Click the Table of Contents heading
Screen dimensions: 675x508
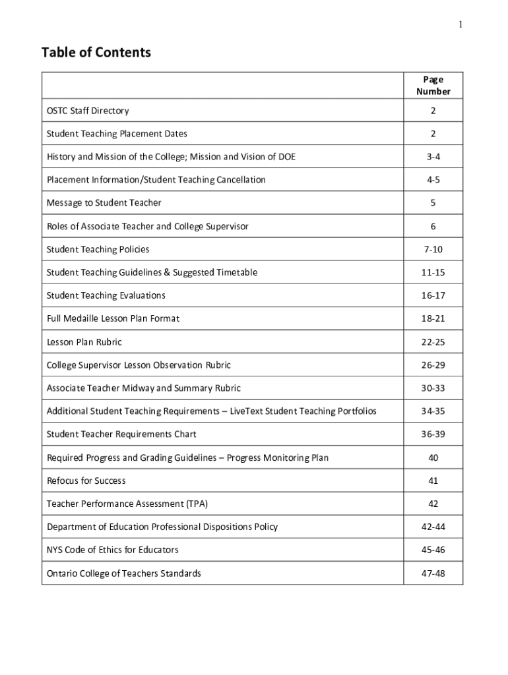pos(96,52)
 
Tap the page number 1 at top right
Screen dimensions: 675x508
pos(461,24)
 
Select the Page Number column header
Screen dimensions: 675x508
pos(433,86)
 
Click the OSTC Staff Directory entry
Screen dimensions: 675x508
pos(88,111)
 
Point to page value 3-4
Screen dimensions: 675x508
pos(433,157)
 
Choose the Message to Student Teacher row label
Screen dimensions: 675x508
pos(104,203)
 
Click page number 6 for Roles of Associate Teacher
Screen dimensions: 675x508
pos(433,226)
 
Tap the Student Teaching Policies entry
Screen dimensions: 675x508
pos(98,249)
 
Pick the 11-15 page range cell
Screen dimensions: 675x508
pos(433,272)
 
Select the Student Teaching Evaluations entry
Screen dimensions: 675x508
pos(106,295)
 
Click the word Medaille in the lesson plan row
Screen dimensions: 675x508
pos(83,318)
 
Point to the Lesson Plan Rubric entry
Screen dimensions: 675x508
pos(84,342)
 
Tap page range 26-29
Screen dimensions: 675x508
pos(433,365)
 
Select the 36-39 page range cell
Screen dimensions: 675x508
pos(433,434)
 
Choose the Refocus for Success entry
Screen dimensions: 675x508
pos(86,481)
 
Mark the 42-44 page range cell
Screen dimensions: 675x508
pos(433,527)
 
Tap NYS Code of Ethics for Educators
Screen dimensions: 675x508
pos(112,550)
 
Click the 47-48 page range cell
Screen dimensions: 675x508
pos(433,573)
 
